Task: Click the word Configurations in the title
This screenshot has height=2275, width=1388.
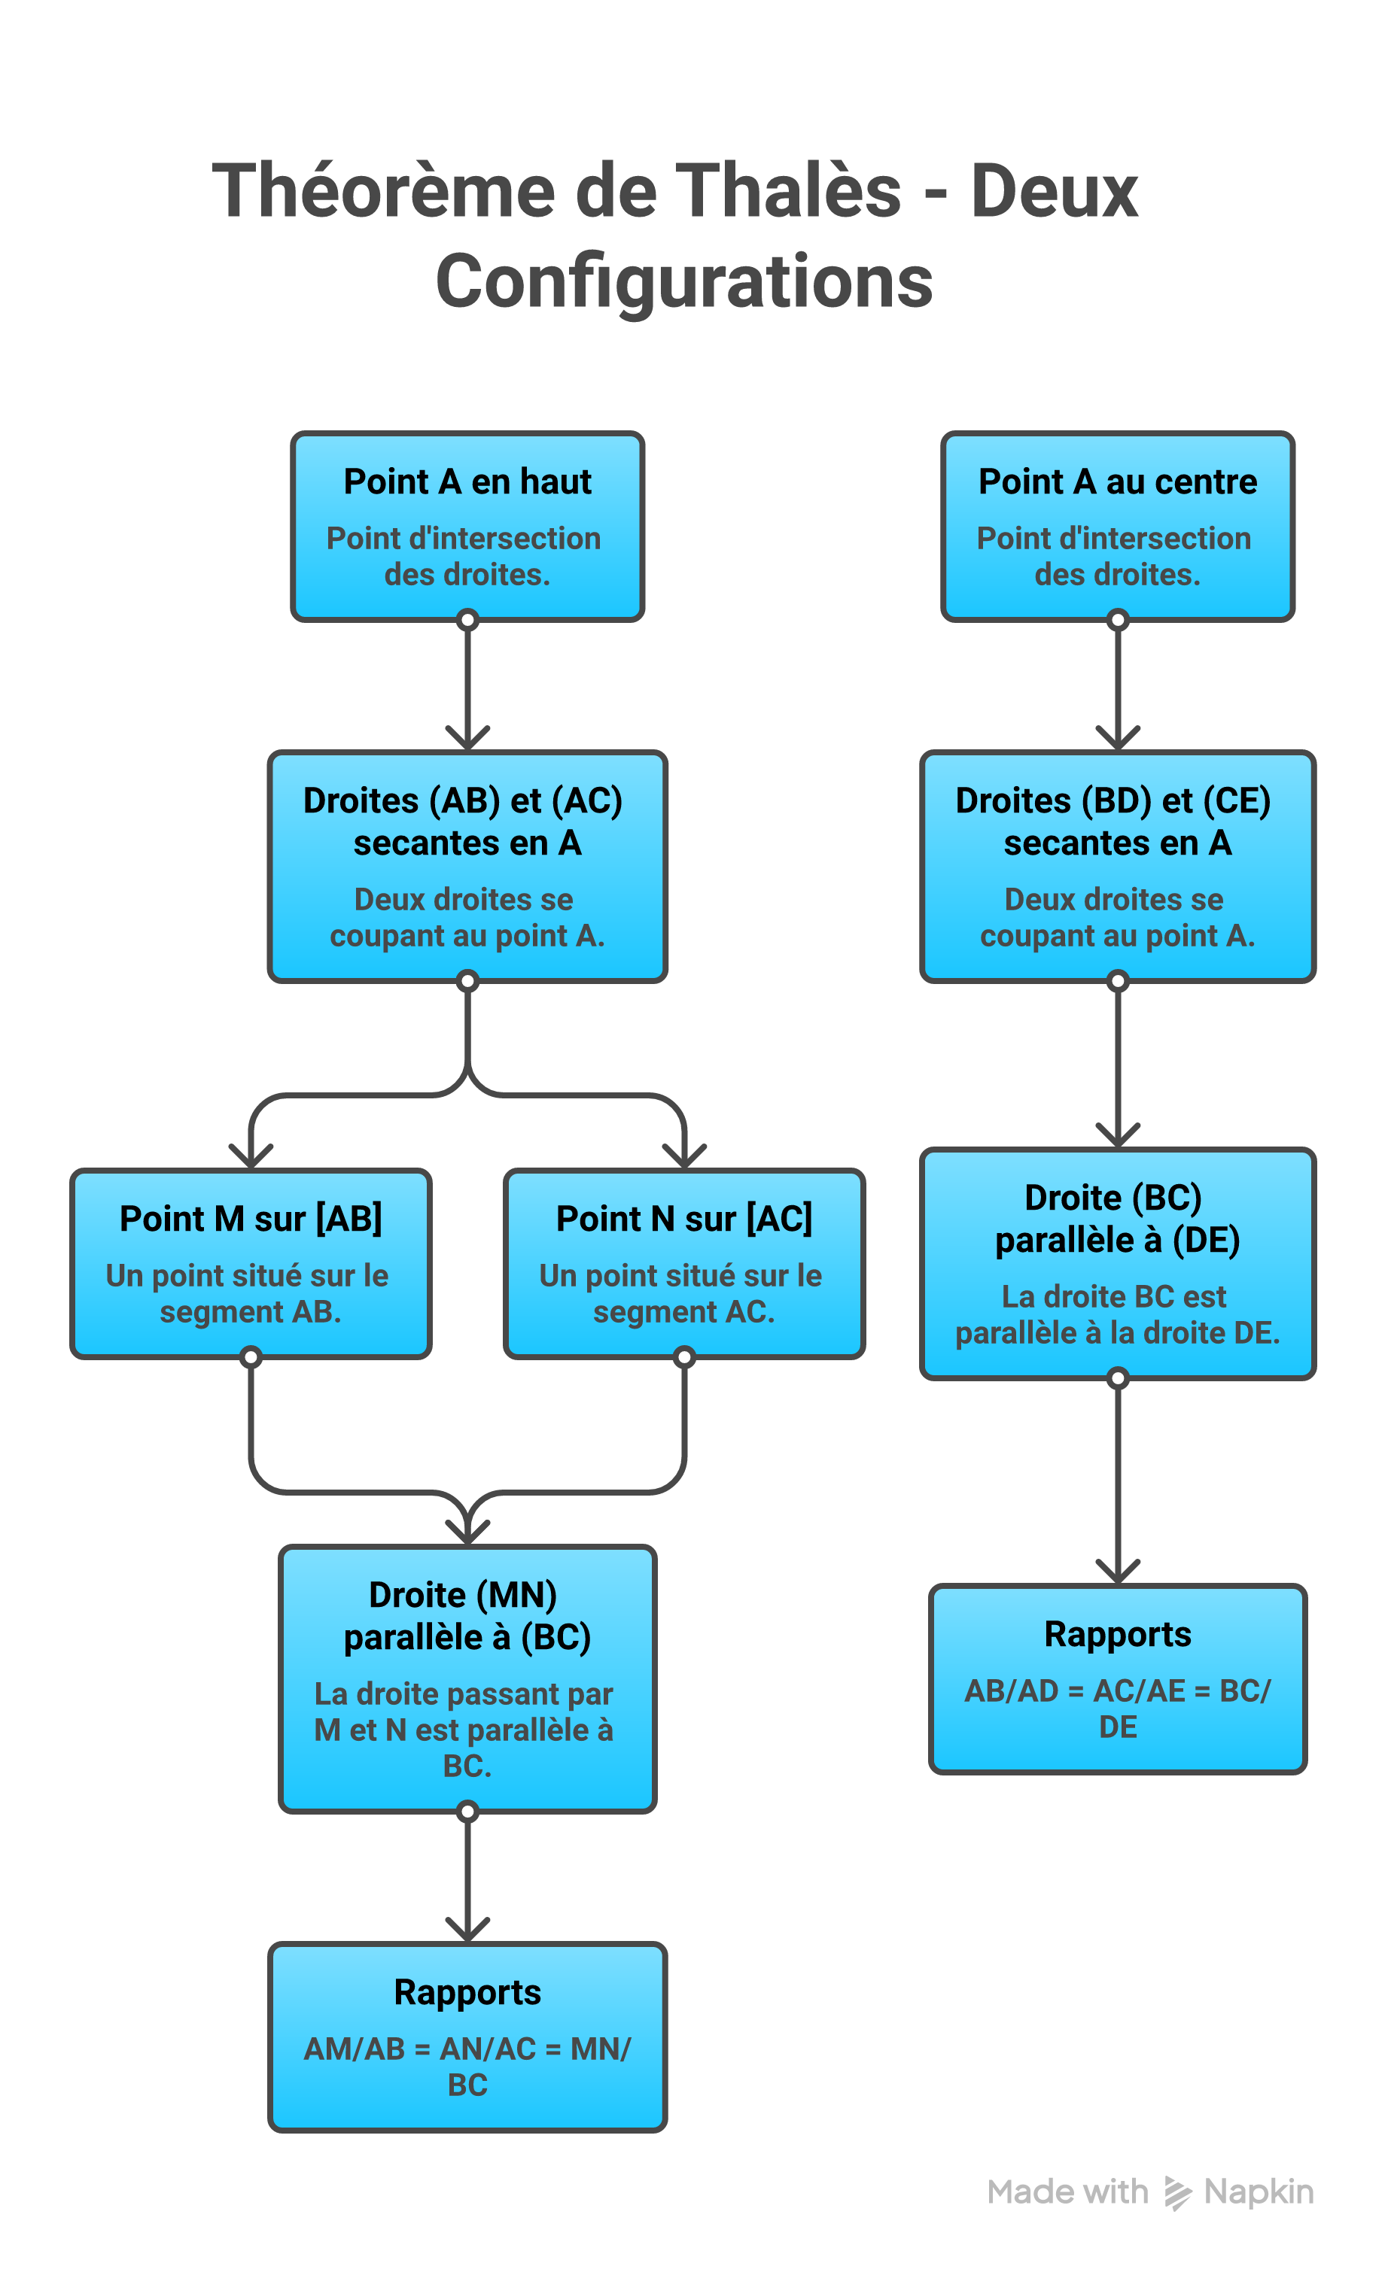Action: (x=684, y=281)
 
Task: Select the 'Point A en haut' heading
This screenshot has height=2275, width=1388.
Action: (x=467, y=482)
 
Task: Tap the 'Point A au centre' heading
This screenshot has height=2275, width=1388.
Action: (x=1118, y=482)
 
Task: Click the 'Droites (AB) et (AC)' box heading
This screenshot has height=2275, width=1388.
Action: (x=464, y=800)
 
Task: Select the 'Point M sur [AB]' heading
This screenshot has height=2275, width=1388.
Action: (x=250, y=1219)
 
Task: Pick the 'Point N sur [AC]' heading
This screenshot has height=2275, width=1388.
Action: (x=684, y=1219)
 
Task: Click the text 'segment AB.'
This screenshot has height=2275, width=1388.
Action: (x=250, y=1312)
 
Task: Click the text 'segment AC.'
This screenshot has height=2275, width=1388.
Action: (x=684, y=1312)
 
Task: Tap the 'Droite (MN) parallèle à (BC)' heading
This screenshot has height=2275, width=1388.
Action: (x=467, y=1616)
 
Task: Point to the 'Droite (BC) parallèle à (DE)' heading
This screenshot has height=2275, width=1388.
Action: (x=1118, y=1219)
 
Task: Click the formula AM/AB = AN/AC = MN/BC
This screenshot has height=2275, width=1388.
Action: (x=467, y=2067)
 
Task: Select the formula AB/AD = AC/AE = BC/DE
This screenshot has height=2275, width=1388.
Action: (x=1118, y=1708)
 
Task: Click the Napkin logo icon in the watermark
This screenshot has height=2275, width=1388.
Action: (x=1177, y=2193)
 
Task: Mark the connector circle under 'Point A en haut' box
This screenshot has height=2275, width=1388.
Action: (x=467, y=620)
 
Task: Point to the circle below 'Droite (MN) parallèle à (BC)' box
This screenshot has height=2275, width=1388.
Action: (x=467, y=1812)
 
